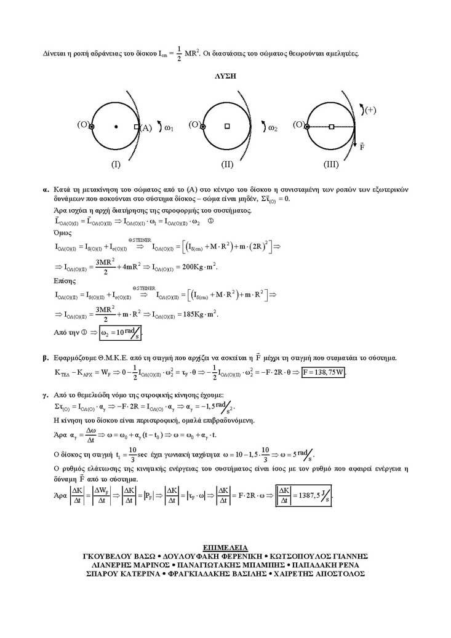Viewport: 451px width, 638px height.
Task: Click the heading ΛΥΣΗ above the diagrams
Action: click(x=225, y=78)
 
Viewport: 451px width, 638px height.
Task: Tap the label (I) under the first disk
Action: click(x=115, y=165)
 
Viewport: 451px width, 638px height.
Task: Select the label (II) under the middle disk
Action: click(x=226, y=165)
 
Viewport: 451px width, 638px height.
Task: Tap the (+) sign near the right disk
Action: click(x=370, y=110)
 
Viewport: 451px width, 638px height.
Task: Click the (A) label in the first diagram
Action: click(x=146, y=128)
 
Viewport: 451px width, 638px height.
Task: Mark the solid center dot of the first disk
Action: click(x=116, y=127)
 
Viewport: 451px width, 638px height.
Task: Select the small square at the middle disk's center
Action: click(x=226, y=126)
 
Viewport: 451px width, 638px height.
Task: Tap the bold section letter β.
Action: click(x=45, y=357)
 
